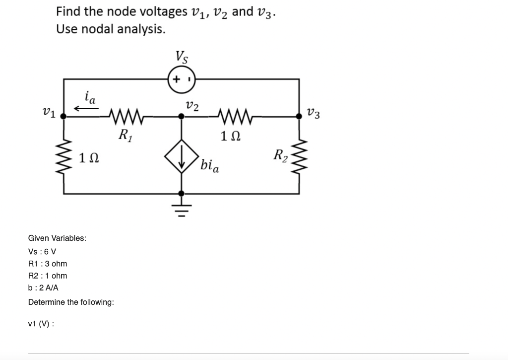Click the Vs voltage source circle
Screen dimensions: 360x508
tap(182, 79)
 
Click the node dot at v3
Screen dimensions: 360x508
tap(299, 116)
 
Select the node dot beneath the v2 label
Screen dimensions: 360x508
tap(182, 116)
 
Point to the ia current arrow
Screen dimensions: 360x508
tap(83, 108)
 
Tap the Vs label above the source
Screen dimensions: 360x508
tap(182, 57)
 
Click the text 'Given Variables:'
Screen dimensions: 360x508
tap(57, 238)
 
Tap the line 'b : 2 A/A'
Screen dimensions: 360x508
tap(44, 288)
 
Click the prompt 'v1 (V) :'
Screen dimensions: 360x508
tap(41, 324)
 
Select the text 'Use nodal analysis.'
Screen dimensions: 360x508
tap(111, 29)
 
